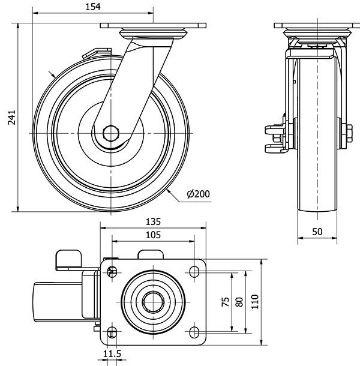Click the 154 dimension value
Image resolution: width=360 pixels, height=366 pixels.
(91, 6)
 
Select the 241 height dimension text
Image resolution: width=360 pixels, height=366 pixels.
(8, 118)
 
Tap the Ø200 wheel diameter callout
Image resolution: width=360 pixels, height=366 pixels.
(199, 194)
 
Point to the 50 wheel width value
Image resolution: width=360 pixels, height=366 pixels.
(318, 231)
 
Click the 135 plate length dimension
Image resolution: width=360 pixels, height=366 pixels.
(153, 221)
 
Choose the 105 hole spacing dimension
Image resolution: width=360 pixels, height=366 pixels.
(153, 235)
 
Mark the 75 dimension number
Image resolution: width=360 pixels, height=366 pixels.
(225, 301)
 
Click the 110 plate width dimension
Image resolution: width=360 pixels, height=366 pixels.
(254, 301)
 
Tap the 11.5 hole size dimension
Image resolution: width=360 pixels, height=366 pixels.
(112, 355)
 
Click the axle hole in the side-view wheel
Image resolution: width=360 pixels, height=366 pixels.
(110, 133)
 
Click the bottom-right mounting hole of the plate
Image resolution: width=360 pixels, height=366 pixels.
(194, 332)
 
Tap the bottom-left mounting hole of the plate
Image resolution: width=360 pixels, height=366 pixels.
(112, 332)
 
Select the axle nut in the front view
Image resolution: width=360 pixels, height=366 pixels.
(346, 133)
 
